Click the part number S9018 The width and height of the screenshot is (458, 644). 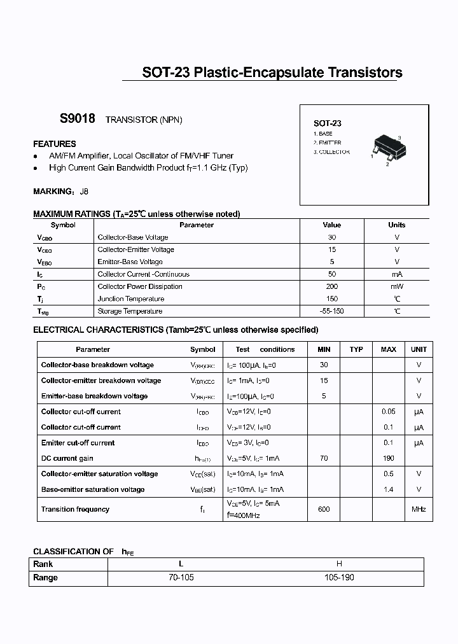(77, 119)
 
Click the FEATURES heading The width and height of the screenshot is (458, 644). (54, 144)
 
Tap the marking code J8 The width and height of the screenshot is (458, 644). (85, 191)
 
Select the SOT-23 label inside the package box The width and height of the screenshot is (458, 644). (327, 123)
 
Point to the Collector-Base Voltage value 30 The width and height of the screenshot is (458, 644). (331, 237)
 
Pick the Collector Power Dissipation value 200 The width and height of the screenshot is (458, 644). (331, 286)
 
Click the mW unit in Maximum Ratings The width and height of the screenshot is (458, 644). (396, 286)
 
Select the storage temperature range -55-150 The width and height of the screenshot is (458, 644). (331, 311)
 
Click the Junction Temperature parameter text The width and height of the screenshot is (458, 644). (131, 299)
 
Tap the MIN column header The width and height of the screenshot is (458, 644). (324, 349)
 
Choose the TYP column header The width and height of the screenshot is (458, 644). (356, 349)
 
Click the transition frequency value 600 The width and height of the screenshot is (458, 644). (324, 509)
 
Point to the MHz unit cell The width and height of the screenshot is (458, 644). (418, 509)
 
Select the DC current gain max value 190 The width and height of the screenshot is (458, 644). (388, 458)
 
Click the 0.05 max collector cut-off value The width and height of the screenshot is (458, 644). (388, 412)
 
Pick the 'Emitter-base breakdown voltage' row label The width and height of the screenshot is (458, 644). (94, 396)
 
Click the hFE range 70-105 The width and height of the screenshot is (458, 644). (181, 577)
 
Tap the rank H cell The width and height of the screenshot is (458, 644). (339, 564)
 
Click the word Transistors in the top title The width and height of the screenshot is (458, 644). (364, 73)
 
